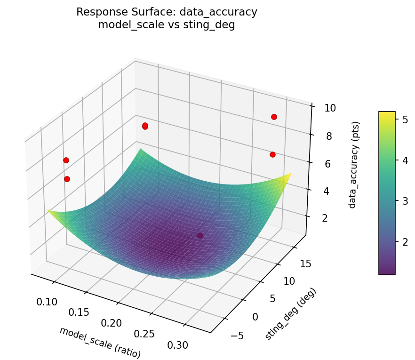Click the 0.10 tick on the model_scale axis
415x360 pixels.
(x=47, y=302)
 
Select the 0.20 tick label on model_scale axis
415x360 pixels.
(x=112, y=323)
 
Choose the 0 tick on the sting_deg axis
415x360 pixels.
(x=255, y=317)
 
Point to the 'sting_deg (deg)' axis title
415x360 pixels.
(x=291, y=313)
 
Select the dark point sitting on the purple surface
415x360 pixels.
(x=200, y=235)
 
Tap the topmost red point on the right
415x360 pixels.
(x=274, y=117)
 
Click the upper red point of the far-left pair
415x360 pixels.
(x=66, y=160)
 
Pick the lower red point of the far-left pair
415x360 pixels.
(x=67, y=179)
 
